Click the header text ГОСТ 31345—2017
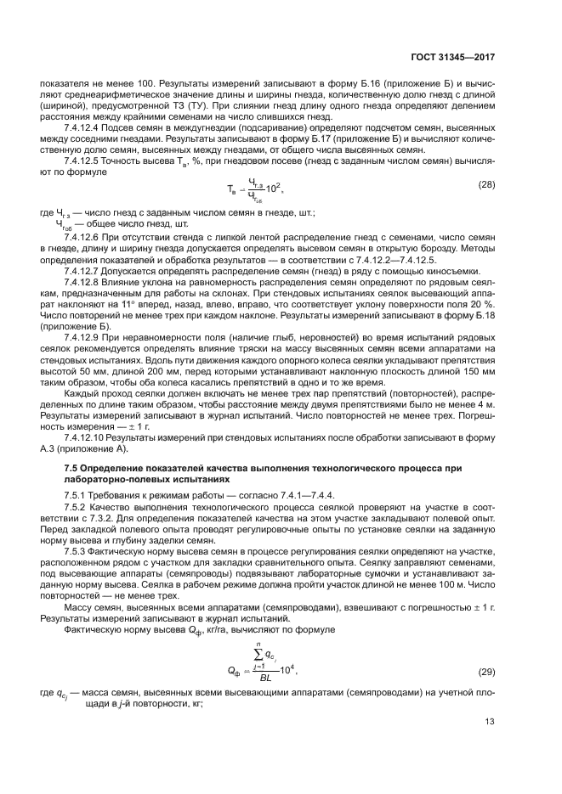(x=464, y=58)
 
